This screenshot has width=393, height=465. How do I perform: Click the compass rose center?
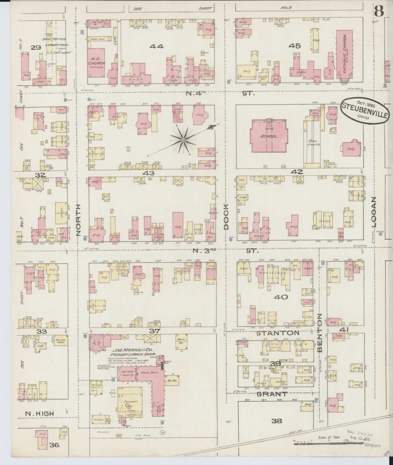click(x=183, y=140)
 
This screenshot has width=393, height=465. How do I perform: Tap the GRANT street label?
click(x=272, y=394)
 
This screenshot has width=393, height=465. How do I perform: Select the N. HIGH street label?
click(x=40, y=414)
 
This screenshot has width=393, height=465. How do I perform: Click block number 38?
click(x=277, y=421)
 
